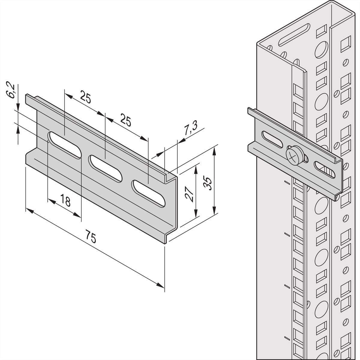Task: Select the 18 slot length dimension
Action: click(x=65, y=201)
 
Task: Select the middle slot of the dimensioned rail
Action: click(x=105, y=168)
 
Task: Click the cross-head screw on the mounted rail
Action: click(x=292, y=155)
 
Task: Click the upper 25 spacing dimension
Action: click(x=85, y=98)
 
